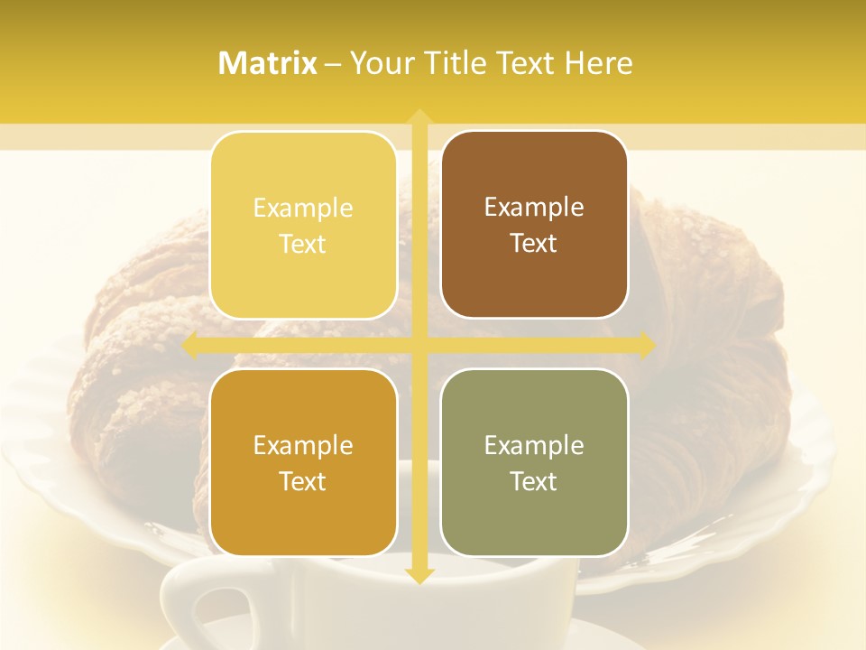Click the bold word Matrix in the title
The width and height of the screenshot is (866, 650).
[268, 63]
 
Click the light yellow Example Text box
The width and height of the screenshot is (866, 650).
[303, 225]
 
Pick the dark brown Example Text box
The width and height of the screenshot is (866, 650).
[534, 225]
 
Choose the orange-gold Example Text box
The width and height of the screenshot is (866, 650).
[303, 462]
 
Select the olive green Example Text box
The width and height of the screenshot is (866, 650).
[534, 462]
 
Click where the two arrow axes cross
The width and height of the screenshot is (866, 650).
[419, 345]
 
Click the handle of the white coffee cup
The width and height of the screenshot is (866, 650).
[194, 609]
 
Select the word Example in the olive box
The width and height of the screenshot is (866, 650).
[534, 445]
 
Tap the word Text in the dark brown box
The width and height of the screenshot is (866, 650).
[534, 244]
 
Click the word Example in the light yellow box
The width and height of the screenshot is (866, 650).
[303, 208]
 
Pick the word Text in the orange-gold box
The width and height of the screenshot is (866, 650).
[303, 481]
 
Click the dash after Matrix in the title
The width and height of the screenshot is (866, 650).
[333, 64]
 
